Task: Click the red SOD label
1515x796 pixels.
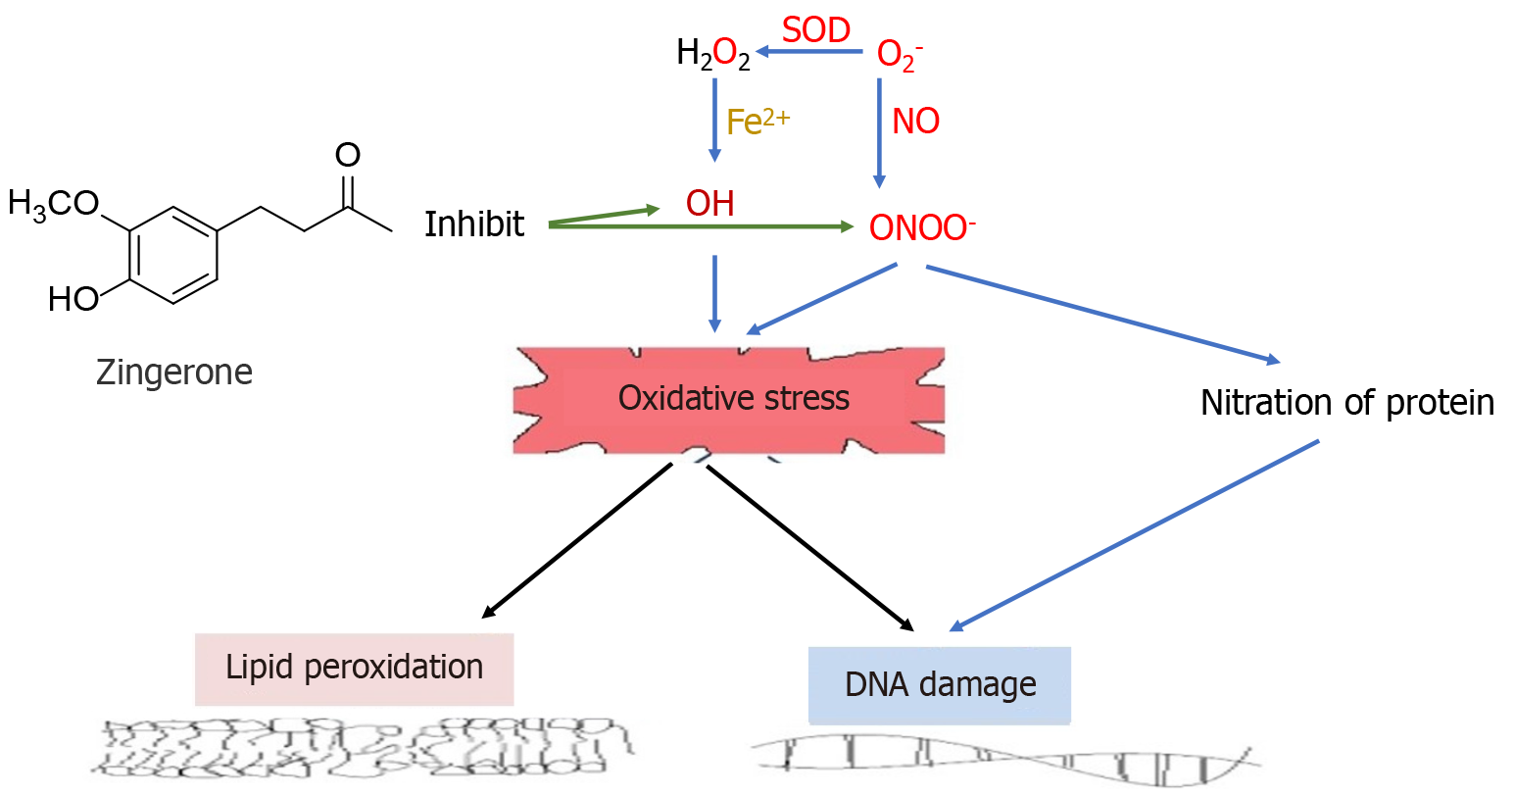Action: [x=815, y=30]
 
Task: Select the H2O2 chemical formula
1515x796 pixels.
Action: [x=712, y=54]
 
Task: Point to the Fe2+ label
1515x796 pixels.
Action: [x=757, y=122]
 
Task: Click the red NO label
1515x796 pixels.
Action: [x=915, y=122]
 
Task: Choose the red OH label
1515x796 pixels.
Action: [x=709, y=204]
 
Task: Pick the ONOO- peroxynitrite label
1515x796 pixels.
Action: [x=921, y=228]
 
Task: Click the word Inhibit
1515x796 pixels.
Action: [x=474, y=224]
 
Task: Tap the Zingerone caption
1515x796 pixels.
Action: [x=174, y=373]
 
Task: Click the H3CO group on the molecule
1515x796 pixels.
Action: [x=53, y=204]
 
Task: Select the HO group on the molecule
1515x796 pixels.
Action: [x=73, y=299]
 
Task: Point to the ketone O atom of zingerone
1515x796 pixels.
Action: [x=348, y=155]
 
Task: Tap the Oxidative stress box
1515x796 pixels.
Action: [x=732, y=399]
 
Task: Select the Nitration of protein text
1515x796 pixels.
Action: [x=1346, y=403]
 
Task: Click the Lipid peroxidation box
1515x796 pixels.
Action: [x=354, y=669]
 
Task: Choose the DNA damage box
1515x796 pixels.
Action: [x=940, y=684]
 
